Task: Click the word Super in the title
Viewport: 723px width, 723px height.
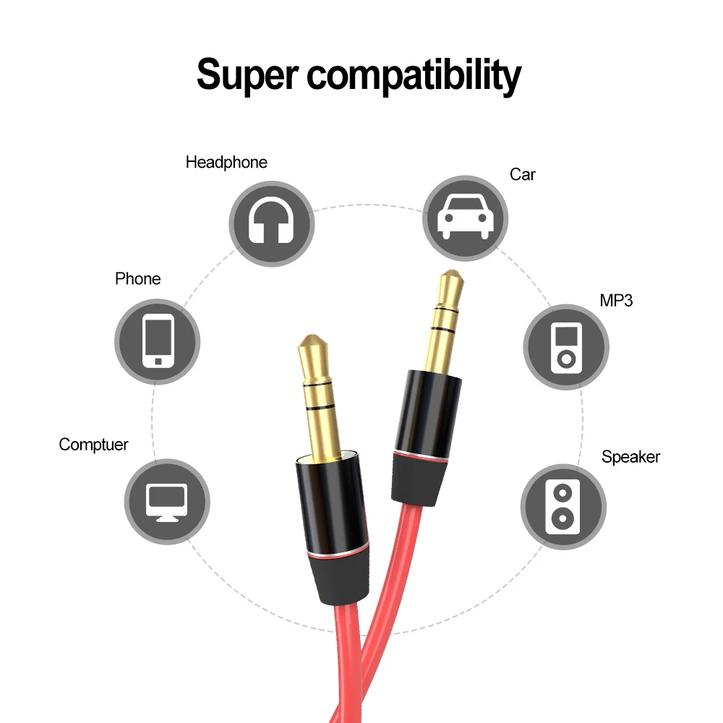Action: tap(246, 74)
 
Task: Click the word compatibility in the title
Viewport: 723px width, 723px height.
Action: tap(414, 74)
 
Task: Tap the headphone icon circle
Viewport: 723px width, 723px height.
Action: tap(271, 223)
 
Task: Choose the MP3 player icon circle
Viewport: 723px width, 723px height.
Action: tap(566, 345)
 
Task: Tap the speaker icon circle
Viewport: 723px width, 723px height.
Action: tap(562, 506)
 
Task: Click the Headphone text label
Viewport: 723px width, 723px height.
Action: tap(226, 163)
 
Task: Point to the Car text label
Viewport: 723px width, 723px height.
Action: tap(522, 174)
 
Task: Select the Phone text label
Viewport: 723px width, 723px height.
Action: tap(137, 279)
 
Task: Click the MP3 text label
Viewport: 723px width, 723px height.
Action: tap(616, 300)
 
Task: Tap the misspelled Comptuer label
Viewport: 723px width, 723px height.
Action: tap(93, 445)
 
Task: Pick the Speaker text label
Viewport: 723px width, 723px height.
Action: tap(630, 457)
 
